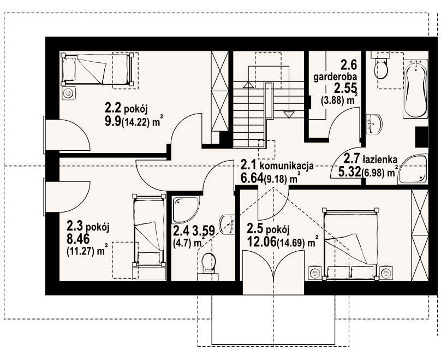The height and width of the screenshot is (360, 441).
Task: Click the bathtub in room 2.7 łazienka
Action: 416,89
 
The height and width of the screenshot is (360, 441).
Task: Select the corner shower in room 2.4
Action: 186,209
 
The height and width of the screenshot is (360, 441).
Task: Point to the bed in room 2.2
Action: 97,69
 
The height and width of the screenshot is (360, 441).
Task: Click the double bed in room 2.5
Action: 350,244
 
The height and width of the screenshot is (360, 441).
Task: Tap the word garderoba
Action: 335,77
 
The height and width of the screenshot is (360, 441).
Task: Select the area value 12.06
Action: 261,241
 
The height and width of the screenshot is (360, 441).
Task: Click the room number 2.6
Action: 349,66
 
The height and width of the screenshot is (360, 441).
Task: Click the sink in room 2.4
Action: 227,225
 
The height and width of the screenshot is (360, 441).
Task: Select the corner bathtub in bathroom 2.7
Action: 414,169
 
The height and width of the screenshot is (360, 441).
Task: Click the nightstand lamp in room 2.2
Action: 68,93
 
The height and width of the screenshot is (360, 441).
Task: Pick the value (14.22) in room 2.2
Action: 135,122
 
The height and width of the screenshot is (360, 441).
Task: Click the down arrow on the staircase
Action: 287,114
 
